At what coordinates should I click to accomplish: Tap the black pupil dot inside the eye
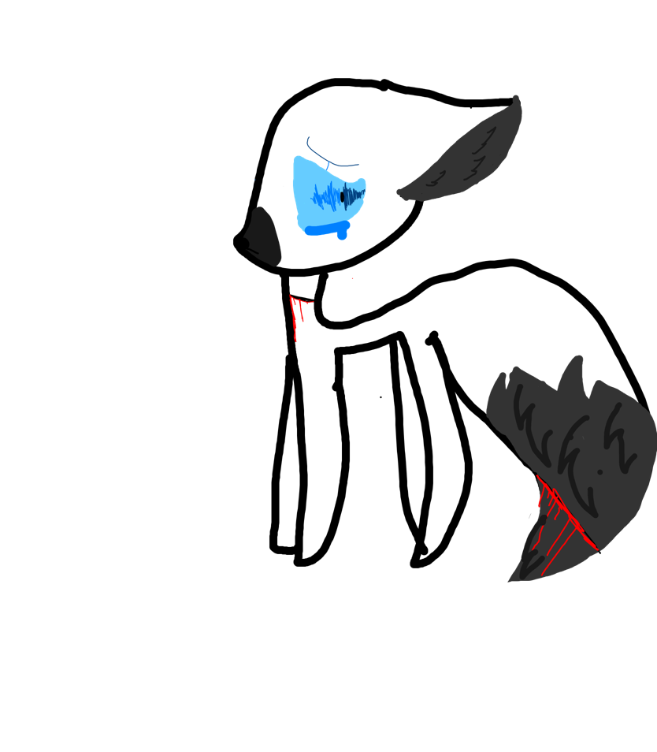pyautogui.click(x=344, y=195)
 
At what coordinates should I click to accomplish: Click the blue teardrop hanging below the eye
pyautogui.click(x=342, y=234)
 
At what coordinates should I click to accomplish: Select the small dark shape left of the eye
pyautogui.click(x=263, y=236)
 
